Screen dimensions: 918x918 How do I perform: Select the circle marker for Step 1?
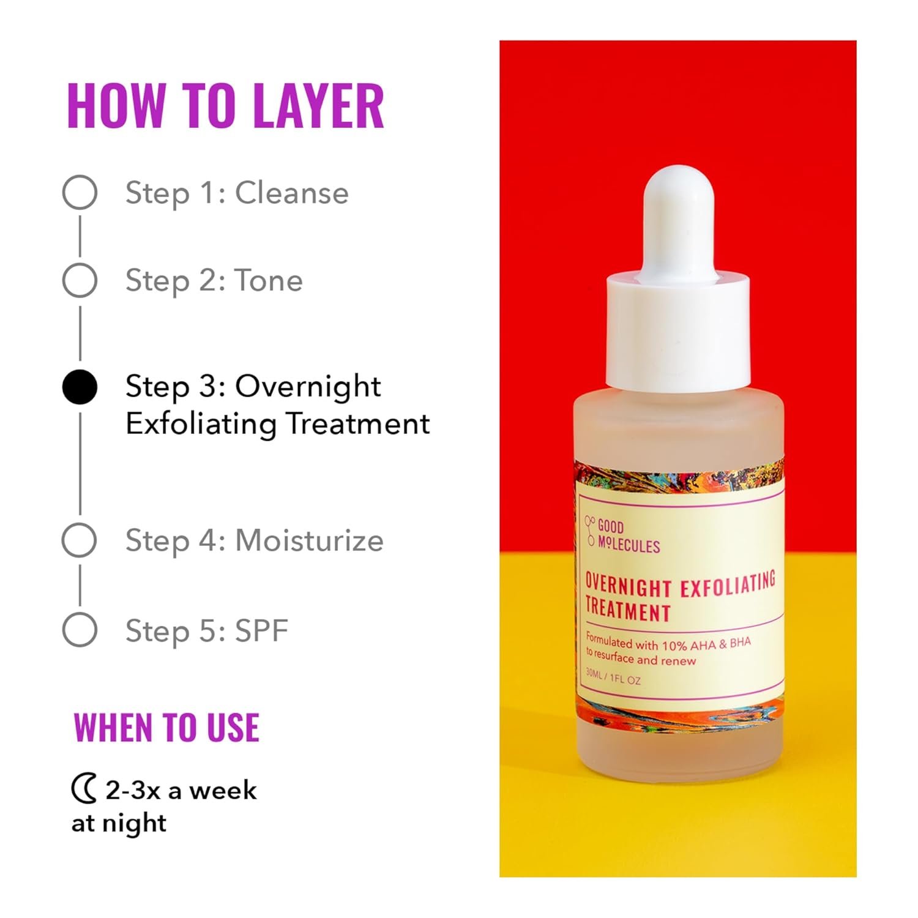[x=80, y=192]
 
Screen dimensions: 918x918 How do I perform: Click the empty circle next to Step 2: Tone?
[x=80, y=280]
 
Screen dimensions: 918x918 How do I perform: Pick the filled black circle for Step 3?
[x=80, y=387]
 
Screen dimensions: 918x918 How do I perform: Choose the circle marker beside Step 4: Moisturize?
[x=80, y=540]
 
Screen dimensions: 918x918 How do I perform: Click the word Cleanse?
[x=292, y=193]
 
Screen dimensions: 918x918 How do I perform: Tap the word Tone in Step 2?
[x=269, y=281]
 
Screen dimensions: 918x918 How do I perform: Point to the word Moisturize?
[x=309, y=541]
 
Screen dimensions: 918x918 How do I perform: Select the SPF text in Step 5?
[x=261, y=630]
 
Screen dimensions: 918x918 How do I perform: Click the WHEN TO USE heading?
[x=166, y=728]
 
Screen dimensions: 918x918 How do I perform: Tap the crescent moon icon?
[x=84, y=789]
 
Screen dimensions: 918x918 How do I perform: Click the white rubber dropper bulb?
[x=678, y=220]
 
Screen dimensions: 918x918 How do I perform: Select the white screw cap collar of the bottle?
[x=678, y=334]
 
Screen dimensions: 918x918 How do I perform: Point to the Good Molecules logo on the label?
[x=623, y=535]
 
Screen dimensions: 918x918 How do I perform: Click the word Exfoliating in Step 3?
[x=203, y=424]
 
